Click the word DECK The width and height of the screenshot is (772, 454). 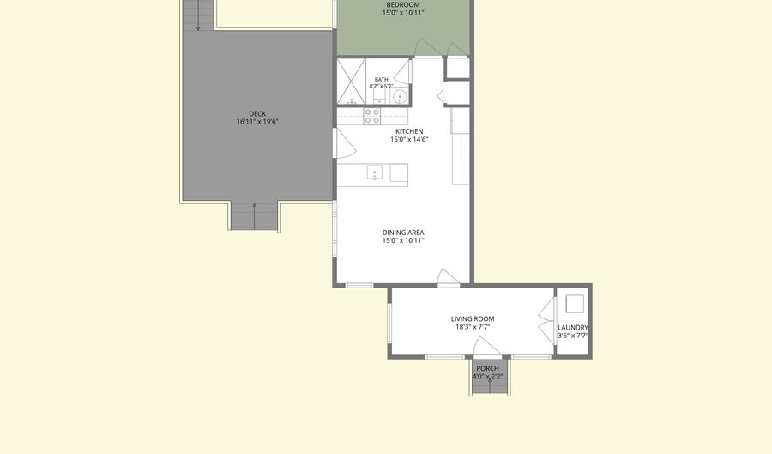[x=257, y=114]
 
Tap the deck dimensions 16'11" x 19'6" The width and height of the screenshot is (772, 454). [x=257, y=122]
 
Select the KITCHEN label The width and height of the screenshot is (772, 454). [x=409, y=131]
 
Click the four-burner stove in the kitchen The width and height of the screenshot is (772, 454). [x=371, y=116]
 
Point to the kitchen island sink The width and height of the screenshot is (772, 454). [x=375, y=173]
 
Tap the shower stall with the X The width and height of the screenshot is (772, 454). [x=351, y=82]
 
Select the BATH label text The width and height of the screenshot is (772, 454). [x=381, y=79]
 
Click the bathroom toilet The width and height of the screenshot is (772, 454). [x=379, y=96]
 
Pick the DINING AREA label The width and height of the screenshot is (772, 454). [x=403, y=233]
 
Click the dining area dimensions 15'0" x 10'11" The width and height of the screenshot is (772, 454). [x=403, y=241]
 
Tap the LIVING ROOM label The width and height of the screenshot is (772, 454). [x=473, y=318]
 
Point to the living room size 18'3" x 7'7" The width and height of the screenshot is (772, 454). [x=473, y=326]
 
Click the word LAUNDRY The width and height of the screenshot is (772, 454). [x=573, y=328]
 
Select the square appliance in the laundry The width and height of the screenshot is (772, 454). [x=575, y=304]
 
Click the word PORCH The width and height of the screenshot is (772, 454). [x=487, y=368]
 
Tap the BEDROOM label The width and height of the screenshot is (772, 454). [x=403, y=5]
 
